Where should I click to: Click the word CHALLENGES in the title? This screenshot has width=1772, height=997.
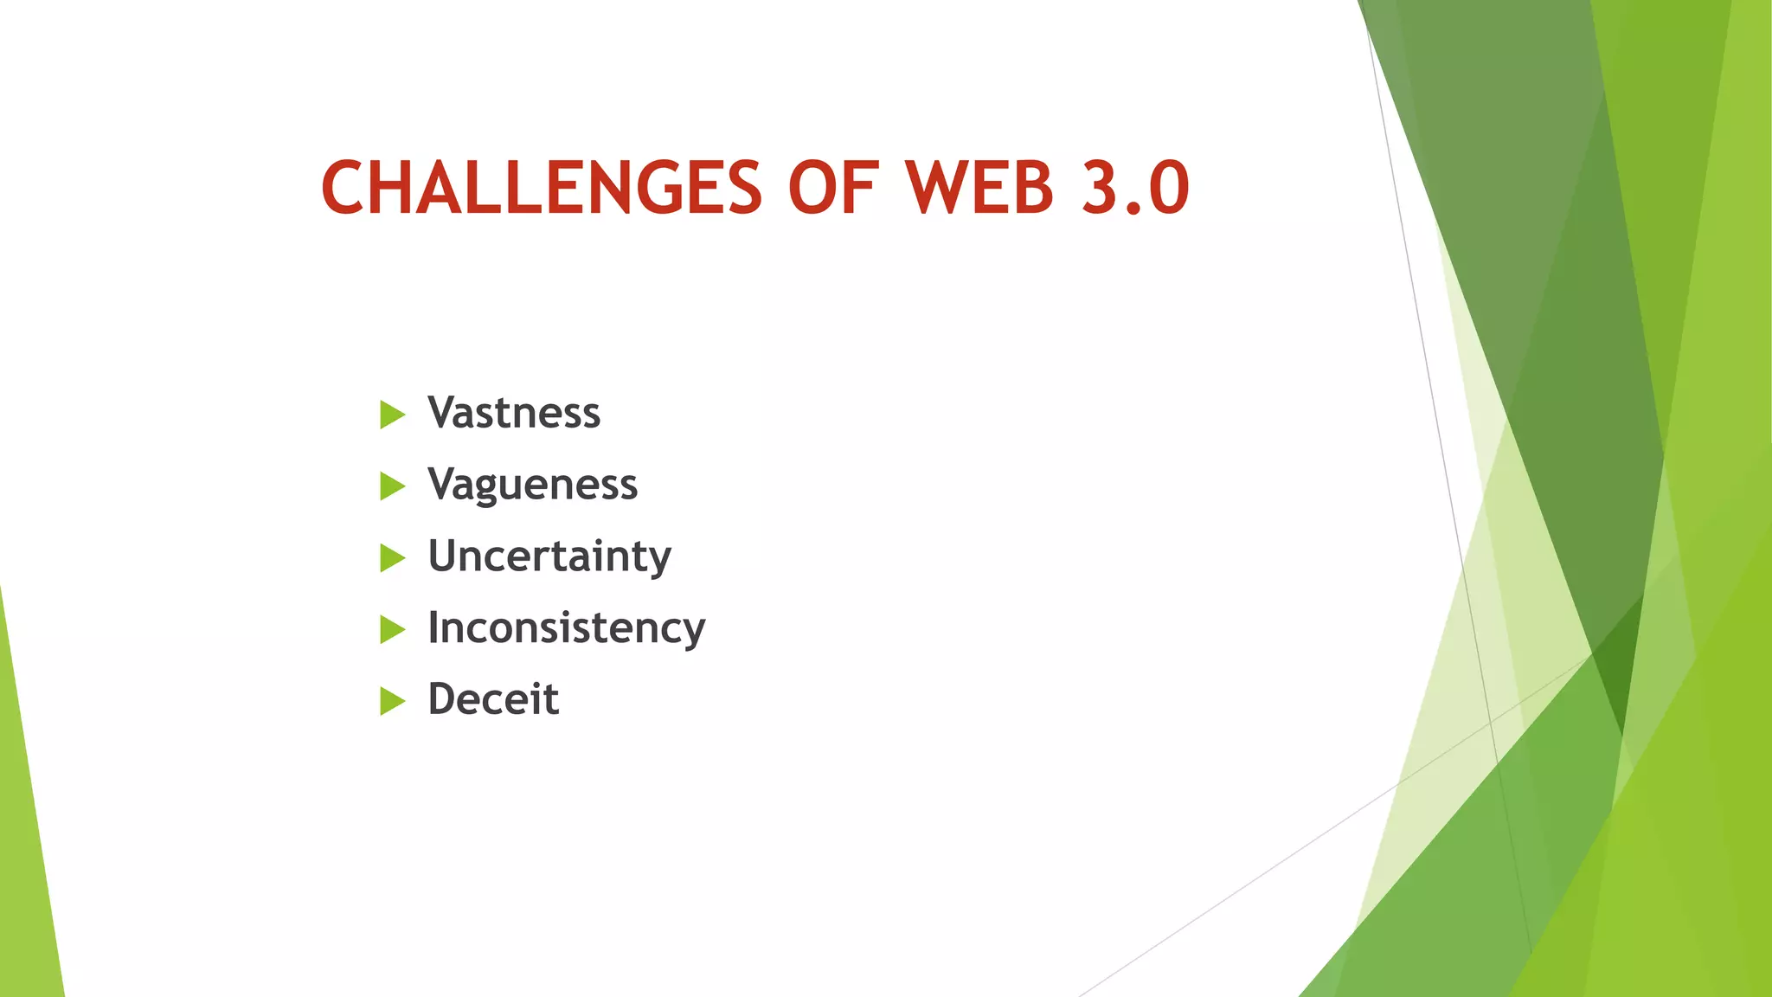pyautogui.click(x=542, y=188)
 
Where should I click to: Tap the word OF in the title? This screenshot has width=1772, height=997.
pyautogui.click(x=833, y=188)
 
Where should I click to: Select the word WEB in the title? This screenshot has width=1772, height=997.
pyautogui.click(x=980, y=188)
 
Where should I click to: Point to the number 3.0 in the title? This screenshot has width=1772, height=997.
pyautogui.click(x=1136, y=188)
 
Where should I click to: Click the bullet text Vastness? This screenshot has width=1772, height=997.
pyautogui.click(x=514, y=413)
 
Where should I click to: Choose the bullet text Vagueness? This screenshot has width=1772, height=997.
pyautogui.click(x=532, y=485)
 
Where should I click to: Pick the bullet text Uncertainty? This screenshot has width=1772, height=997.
pyautogui.click(x=549, y=556)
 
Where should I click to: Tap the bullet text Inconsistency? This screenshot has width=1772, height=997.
pyautogui.click(x=567, y=628)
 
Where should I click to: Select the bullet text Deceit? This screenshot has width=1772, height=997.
pyautogui.click(x=493, y=699)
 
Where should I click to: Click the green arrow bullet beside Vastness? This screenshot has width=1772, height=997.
pyautogui.click(x=391, y=415)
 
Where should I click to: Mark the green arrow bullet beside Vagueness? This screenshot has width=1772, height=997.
pyautogui.click(x=391, y=486)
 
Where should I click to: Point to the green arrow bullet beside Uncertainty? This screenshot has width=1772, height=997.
pyautogui.click(x=391, y=558)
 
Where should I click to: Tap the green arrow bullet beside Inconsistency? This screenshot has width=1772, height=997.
pyautogui.click(x=391, y=630)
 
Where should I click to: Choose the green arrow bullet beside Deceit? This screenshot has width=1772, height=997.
pyautogui.click(x=391, y=702)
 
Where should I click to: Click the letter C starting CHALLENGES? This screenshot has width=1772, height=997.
pyautogui.click(x=345, y=188)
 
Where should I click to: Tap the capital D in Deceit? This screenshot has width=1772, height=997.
pyautogui.click(x=446, y=699)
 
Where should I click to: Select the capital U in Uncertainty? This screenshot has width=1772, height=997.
pyautogui.click(x=446, y=556)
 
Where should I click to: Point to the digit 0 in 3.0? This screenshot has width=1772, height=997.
pyautogui.click(x=1168, y=188)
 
